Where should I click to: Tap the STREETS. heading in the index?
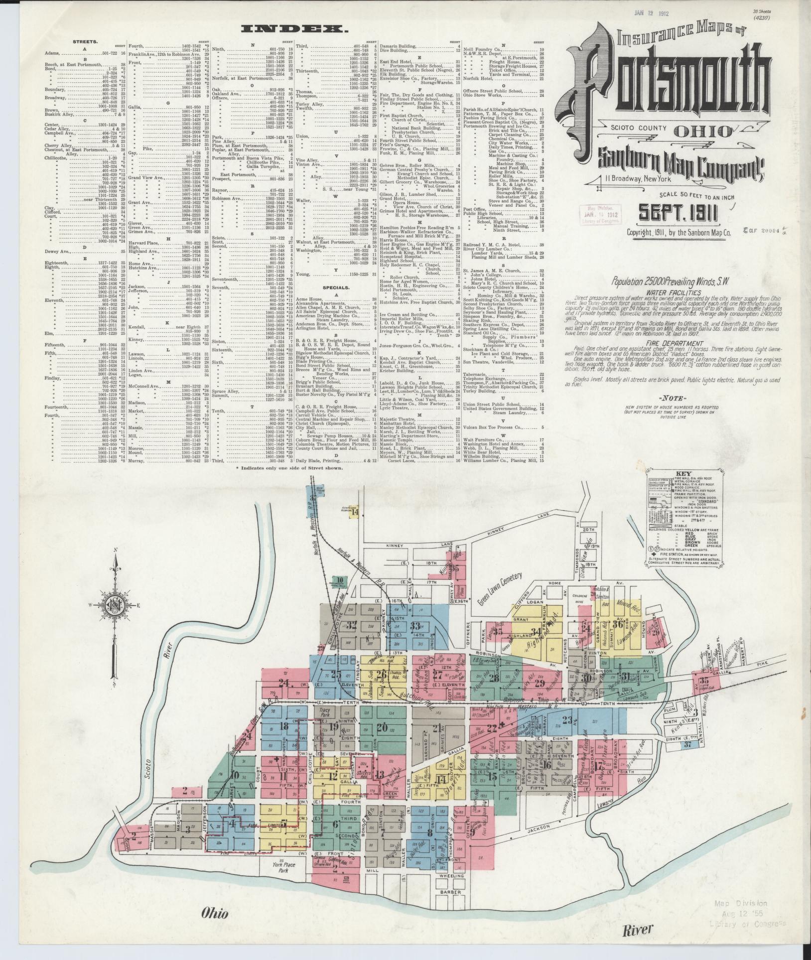[x=85, y=42]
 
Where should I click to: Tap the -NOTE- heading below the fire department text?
[x=672, y=399]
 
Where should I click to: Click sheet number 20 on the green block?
[x=383, y=726]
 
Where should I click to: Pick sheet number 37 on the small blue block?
[x=688, y=758]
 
